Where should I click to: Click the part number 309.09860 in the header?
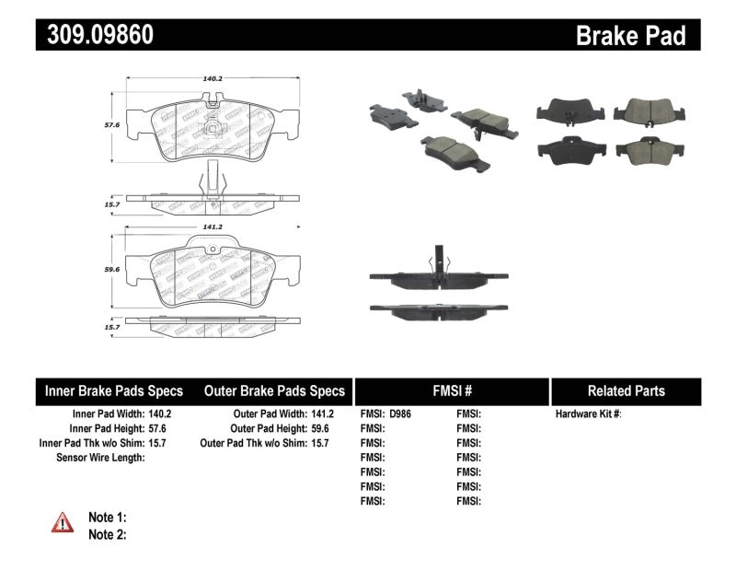click(x=95, y=34)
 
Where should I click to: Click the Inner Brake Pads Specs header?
click(x=114, y=390)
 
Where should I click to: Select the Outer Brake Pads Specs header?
click(x=274, y=390)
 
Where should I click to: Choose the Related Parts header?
click(x=626, y=390)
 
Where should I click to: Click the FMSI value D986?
click(x=400, y=414)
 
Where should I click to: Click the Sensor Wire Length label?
click(x=100, y=458)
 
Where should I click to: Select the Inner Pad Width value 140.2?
click(x=160, y=414)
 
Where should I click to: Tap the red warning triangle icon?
click(x=62, y=523)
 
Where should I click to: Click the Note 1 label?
click(x=107, y=518)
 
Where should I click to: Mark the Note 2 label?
click(x=107, y=534)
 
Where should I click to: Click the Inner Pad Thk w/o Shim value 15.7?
click(x=160, y=443)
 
